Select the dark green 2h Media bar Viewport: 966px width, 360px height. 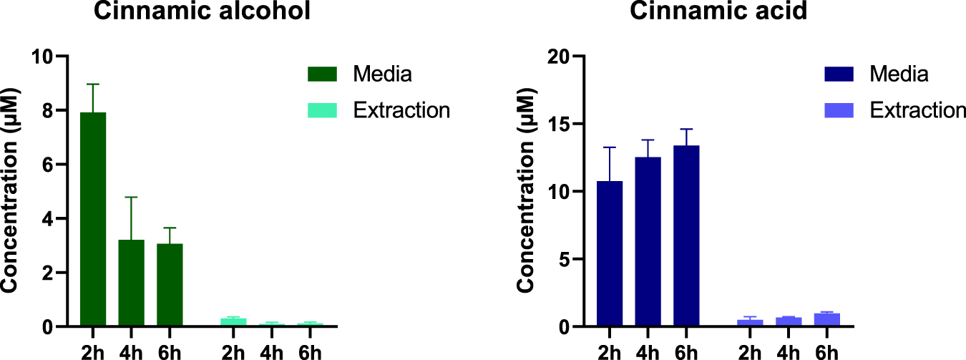click(x=93, y=219)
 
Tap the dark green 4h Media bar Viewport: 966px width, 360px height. click(x=132, y=283)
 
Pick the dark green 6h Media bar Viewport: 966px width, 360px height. click(x=170, y=285)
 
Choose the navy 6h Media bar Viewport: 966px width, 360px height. click(x=686, y=236)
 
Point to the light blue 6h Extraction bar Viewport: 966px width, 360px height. click(x=826, y=320)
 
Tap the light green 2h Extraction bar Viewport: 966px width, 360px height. click(x=233, y=322)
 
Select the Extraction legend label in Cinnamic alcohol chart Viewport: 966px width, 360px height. click(x=401, y=110)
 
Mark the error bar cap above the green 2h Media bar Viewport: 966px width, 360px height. click(x=93, y=84)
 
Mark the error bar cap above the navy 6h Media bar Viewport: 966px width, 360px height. click(x=686, y=129)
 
